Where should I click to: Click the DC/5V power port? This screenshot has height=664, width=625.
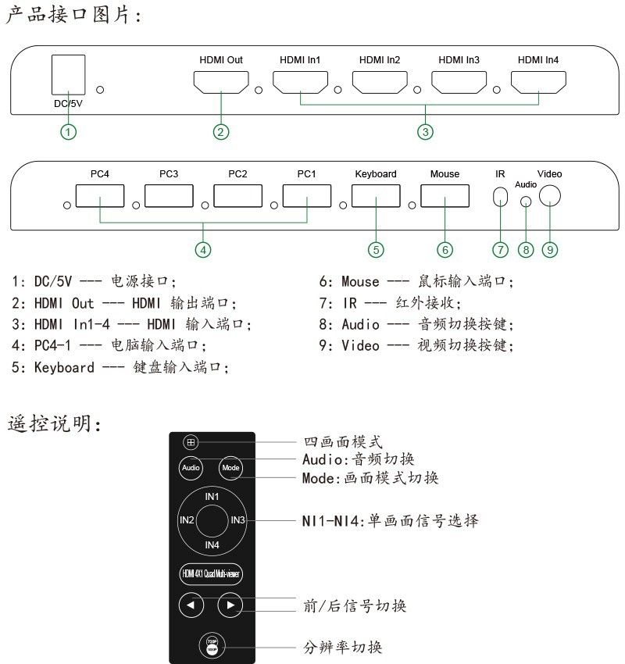(67, 77)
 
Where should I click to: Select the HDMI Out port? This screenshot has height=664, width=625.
(221, 81)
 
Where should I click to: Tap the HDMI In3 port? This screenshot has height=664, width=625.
(459, 81)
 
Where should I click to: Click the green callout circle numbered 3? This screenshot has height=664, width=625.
(425, 132)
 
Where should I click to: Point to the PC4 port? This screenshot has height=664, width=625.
(99, 195)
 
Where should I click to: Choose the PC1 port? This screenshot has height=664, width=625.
(306, 195)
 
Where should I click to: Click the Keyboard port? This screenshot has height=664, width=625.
(376, 195)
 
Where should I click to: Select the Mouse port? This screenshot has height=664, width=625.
(445, 195)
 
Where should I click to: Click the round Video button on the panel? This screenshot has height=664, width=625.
(551, 193)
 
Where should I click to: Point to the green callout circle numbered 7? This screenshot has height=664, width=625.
(501, 250)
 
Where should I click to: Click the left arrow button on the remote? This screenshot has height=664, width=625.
(191, 605)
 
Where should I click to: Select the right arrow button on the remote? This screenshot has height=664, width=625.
(230, 605)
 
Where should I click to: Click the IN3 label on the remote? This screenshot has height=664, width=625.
(237, 519)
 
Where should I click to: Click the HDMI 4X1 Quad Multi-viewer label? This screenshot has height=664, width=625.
(211, 574)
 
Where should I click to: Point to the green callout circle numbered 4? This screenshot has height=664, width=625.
(204, 250)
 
